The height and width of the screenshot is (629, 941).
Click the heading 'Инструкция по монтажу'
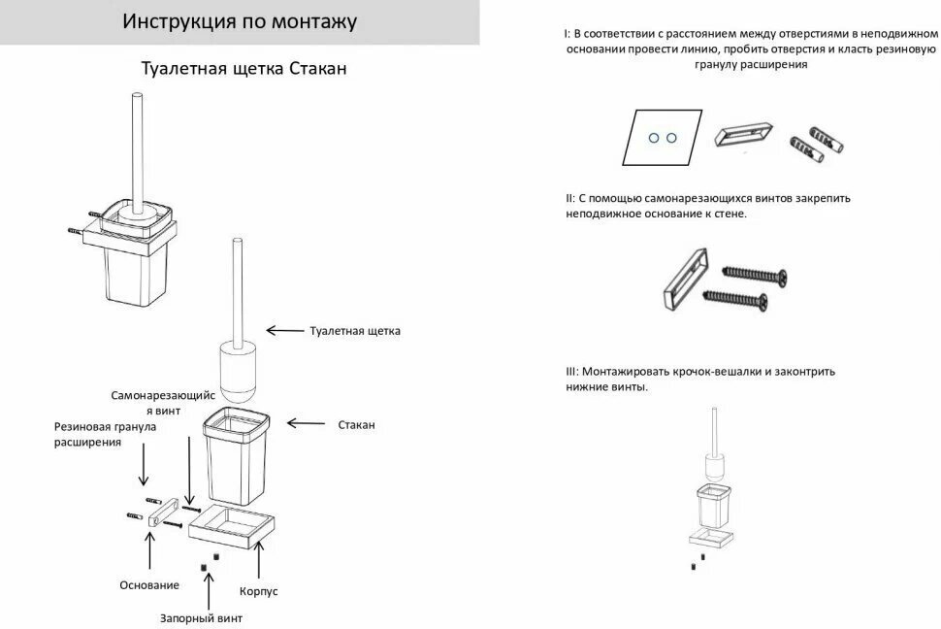pos(239,21)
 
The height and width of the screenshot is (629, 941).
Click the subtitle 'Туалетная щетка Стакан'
pos(243,69)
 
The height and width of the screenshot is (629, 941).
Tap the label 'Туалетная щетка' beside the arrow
pos(355,331)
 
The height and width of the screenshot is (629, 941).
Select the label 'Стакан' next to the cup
pos(356,424)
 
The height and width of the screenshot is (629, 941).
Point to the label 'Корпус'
pos(258,589)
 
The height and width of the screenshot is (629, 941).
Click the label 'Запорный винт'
pos(201,616)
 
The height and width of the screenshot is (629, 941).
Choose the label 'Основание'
pos(149,584)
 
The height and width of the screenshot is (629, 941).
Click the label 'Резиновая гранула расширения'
pos(105,434)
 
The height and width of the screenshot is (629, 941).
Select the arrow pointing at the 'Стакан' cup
pos(305,423)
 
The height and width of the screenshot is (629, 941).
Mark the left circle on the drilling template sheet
pos(654,138)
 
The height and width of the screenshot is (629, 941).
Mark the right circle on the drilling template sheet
pos(670,138)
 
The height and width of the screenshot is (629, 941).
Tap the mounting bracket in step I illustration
pos(744,134)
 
